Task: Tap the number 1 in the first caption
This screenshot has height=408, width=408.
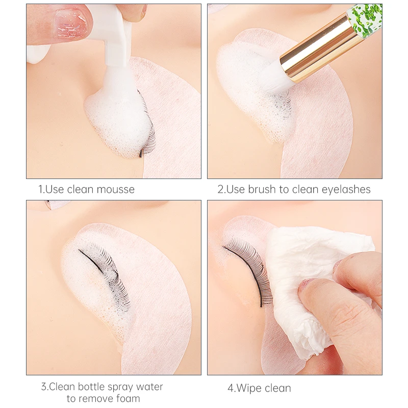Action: tap(41, 190)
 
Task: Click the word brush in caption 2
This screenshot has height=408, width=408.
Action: tap(262, 190)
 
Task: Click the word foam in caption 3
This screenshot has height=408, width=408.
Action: tap(127, 398)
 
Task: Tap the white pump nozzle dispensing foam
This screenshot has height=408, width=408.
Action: tap(116, 61)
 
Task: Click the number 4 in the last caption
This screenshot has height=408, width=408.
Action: tap(230, 388)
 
